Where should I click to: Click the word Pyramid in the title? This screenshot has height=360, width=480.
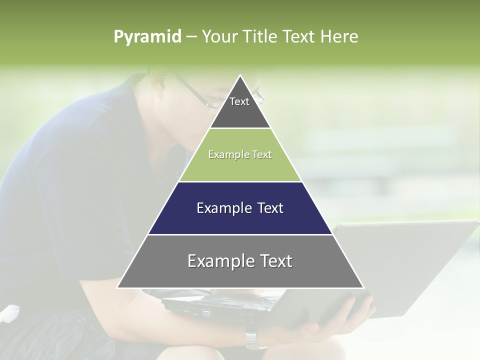tap(147, 37)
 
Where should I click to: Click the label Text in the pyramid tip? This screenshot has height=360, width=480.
tap(239, 101)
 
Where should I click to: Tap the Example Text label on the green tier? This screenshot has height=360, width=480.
tap(240, 154)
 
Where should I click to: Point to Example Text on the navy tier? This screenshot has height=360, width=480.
tap(240, 208)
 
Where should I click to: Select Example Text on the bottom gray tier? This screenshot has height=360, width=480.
tap(240, 261)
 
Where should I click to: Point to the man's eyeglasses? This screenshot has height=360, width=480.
tap(200, 95)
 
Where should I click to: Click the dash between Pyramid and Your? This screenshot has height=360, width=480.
tap(191, 37)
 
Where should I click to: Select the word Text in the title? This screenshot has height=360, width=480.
tap(299, 37)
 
